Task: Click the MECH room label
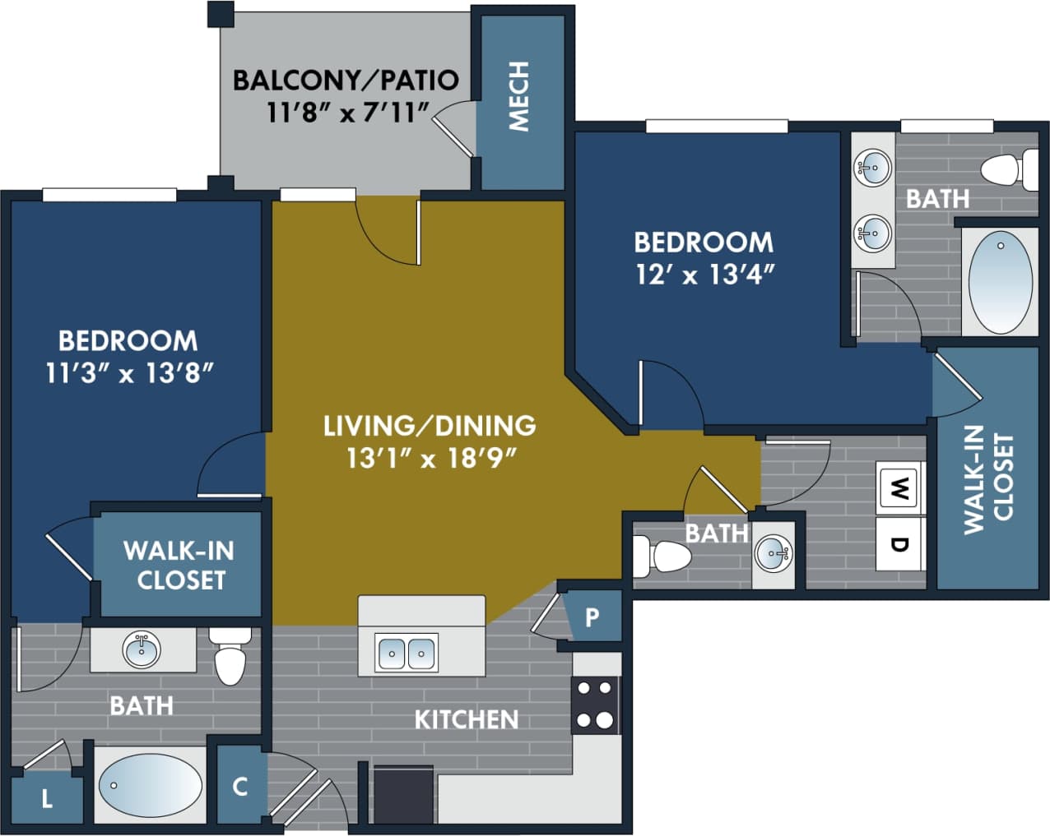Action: click(x=519, y=97)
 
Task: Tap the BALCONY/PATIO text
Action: click(x=346, y=80)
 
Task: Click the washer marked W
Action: click(x=899, y=491)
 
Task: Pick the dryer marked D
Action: click(x=899, y=543)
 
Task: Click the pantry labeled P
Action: click(x=592, y=617)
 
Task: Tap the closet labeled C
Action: click(x=240, y=786)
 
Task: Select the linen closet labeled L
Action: click(x=47, y=797)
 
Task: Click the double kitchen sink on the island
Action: click(x=407, y=653)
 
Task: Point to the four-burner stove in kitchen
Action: click(x=595, y=704)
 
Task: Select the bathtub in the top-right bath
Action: click(x=1000, y=282)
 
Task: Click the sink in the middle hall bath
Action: click(x=774, y=553)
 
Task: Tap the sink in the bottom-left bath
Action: click(x=142, y=650)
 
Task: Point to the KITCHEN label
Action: click(x=466, y=719)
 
